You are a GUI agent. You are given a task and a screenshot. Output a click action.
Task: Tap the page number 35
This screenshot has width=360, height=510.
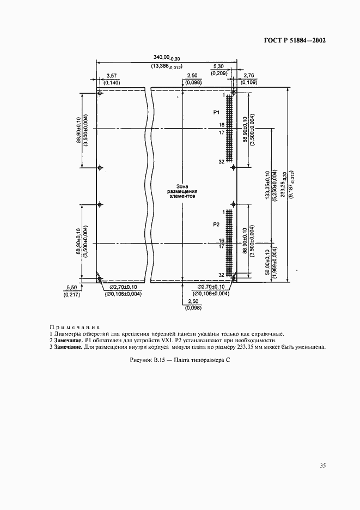323,466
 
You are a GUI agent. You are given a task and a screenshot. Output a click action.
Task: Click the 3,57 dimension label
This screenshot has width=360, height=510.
112,75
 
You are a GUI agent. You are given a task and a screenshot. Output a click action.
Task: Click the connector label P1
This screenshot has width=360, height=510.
216,112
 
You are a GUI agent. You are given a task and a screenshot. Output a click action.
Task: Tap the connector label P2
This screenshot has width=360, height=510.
216,224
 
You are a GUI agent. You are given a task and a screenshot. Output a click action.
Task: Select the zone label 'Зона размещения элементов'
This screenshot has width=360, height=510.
182,192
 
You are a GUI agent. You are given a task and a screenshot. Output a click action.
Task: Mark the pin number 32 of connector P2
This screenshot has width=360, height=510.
221,275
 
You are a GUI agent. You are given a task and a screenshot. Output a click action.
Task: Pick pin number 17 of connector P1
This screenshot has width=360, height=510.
221,132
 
